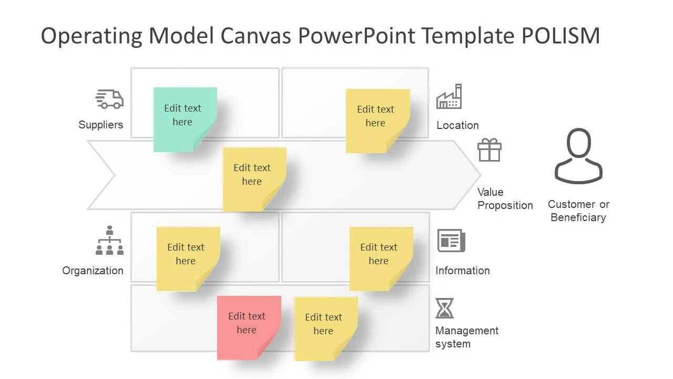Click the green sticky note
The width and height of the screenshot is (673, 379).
pos(185,119)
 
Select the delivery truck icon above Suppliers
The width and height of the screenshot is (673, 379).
pos(109,99)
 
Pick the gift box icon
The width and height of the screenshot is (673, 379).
pos(490,150)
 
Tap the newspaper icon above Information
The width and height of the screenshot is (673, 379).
pos(451,241)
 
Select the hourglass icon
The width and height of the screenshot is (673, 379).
pos(444,308)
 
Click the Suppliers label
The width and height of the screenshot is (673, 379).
pos(101,125)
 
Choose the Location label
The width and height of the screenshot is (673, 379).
pos(457,125)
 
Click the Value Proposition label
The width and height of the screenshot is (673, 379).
pos(505,198)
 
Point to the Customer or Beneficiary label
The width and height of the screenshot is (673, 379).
pos(578,211)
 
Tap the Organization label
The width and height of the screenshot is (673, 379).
pos(93,271)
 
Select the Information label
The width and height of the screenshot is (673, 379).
pos(463,271)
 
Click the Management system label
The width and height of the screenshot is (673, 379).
pos(467,337)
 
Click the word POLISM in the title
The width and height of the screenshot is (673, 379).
pos(560,36)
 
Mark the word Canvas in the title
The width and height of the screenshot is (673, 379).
pos(256,36)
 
